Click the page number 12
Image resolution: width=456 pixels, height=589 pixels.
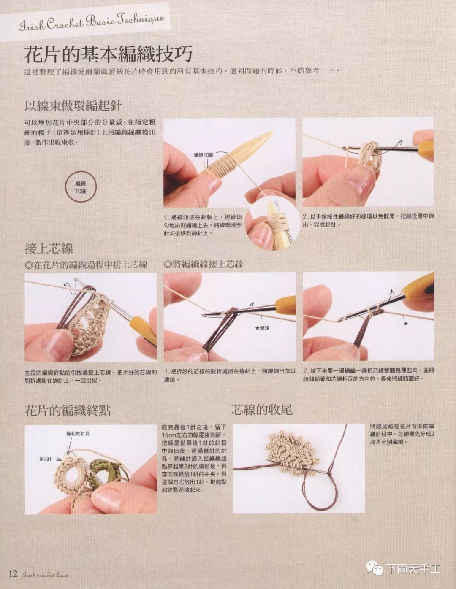tap(13, 573)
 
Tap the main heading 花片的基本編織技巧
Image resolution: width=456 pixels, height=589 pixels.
tap(109, 54)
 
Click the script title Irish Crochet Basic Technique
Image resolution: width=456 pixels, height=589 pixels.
tap(92, 22)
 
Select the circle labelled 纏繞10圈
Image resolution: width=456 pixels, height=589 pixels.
tap(81, 187)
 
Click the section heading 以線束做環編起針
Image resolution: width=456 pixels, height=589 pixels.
tap(73, 106)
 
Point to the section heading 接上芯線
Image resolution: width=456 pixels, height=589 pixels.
tap(49, 248)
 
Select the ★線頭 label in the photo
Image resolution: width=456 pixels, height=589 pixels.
tap(262, 328)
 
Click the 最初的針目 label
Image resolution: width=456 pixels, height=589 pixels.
tap(78, 434)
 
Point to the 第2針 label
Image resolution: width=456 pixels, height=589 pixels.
tap(45, 459)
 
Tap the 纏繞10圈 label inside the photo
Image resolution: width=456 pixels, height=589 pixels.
tap(204, 155)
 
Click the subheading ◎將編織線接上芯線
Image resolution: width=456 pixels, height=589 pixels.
tap(204, 264)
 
